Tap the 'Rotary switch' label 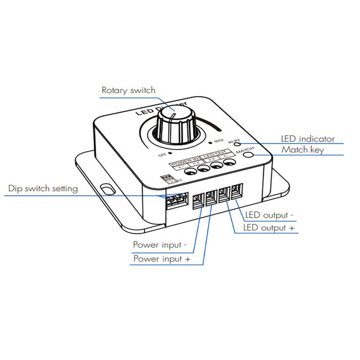(x=128, y=90)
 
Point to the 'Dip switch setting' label (x=43, y=188)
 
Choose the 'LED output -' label (x=269, y=215)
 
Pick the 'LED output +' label (x=269, y=228)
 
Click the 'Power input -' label (x=160, y=245)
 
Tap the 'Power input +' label (x=160, y=259)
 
